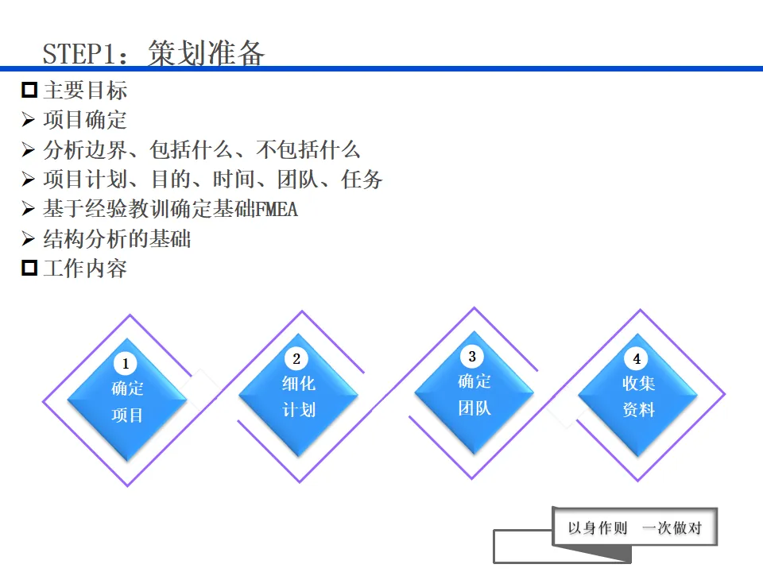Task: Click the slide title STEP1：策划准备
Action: point(153,53)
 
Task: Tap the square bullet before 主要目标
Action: point(29,90)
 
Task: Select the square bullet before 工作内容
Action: point(29,268)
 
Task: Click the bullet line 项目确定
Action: point(84,120)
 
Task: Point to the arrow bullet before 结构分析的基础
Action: point(29,239)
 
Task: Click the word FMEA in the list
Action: point(277,210)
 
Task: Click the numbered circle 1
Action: point(125,364)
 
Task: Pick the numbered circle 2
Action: point(296,359)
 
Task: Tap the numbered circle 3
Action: point(472,357)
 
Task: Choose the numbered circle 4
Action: point(636,359)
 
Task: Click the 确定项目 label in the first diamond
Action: point(127,402)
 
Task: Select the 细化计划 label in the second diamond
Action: point(299,396)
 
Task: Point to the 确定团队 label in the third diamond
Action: point(474,395)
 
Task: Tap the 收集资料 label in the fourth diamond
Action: point(638,396)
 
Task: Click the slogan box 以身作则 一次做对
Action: point(635,528)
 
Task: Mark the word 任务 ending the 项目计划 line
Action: point(362,180)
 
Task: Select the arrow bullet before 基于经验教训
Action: point(29,210)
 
